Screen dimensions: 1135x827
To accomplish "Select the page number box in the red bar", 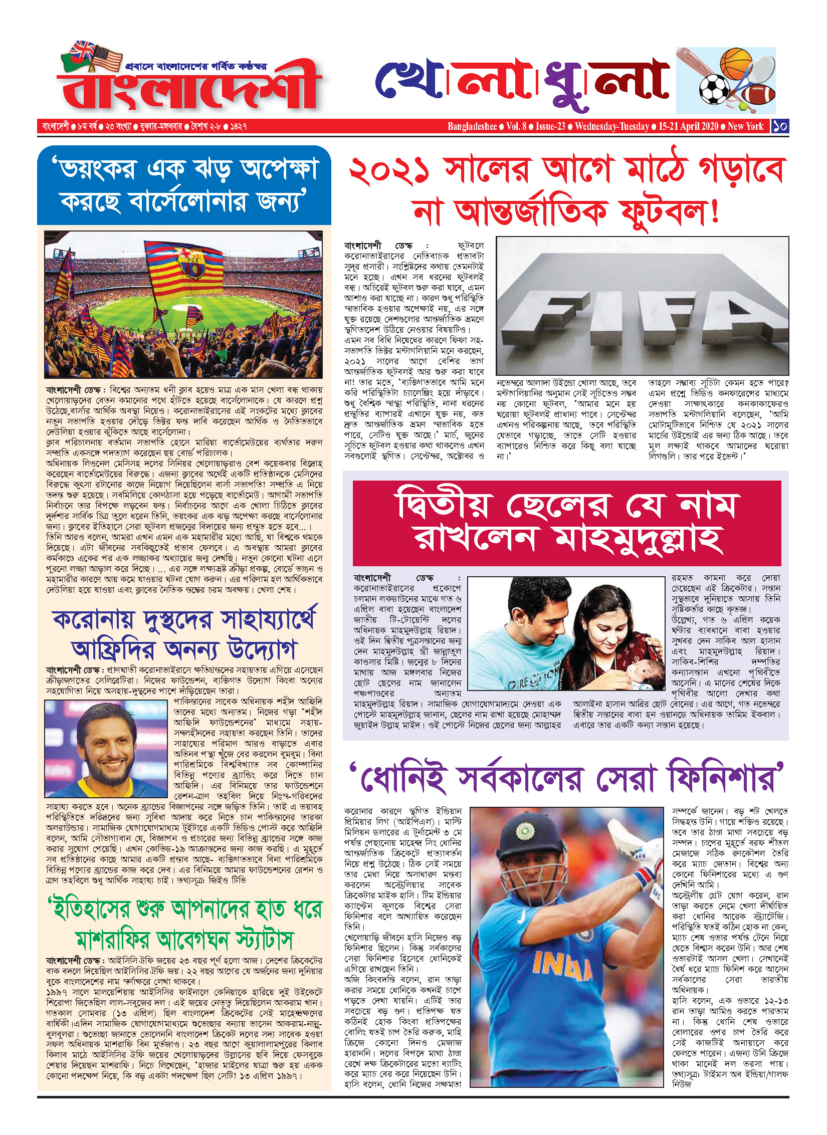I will [780, 126].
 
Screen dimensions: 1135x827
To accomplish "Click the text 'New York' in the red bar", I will [745, 126].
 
